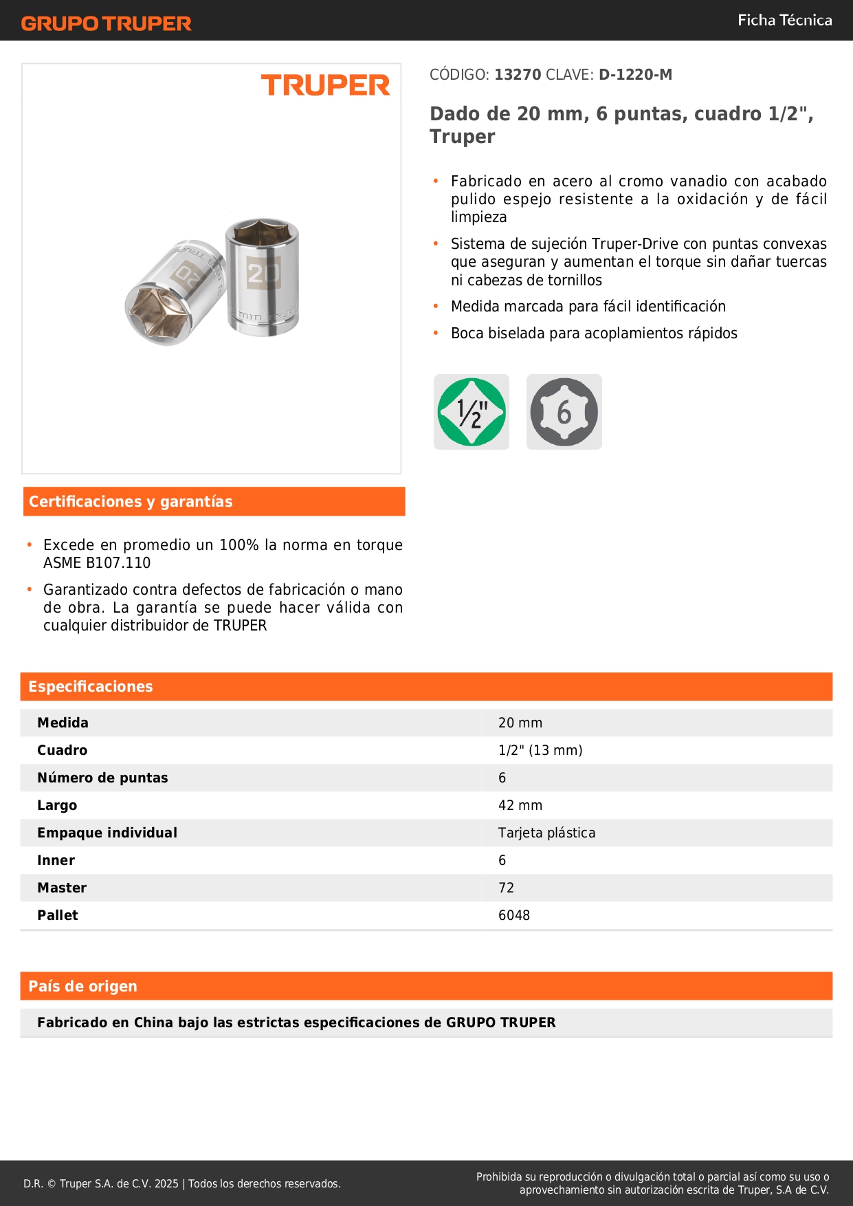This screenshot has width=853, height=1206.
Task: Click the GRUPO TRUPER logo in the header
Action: click(106, 23)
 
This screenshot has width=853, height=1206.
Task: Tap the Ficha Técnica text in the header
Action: click(784, 20)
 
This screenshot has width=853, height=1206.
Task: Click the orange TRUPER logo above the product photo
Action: click(325, 85)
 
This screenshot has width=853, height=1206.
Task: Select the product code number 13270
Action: click(518, 74)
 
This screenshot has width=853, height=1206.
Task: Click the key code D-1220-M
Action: click(635, 74)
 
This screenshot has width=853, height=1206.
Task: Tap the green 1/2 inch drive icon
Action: click(472, 412)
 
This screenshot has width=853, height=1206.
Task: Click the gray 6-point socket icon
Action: click(564, 412)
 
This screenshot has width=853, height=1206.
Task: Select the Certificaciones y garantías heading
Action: click(131, 501)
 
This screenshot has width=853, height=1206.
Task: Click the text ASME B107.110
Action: click(97, 562)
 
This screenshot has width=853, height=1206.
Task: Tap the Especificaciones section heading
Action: click(91, 686)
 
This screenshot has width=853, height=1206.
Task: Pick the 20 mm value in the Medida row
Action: click(520, 723)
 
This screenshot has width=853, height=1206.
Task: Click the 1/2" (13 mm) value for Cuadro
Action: click(540, 750)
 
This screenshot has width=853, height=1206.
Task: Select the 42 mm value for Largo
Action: click(520, 805)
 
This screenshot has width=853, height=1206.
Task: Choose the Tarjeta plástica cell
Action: click(546, 833)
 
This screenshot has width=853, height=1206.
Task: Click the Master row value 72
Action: click(506, 888)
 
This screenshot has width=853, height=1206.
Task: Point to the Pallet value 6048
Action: click(514, 915)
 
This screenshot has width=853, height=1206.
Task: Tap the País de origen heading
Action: click(82, 986)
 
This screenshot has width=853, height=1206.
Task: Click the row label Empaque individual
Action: click(107, 833)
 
